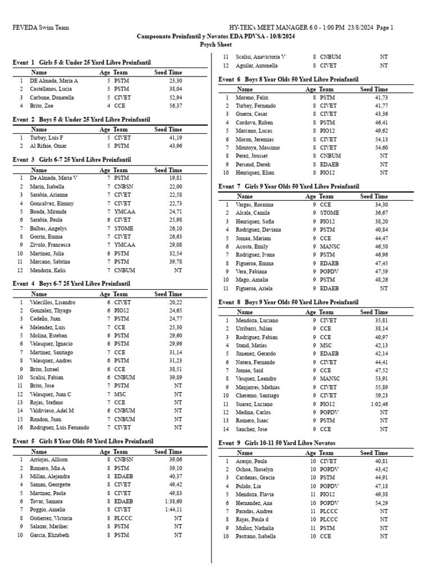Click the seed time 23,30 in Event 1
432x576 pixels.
point(175,81)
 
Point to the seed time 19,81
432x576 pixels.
point(175,178)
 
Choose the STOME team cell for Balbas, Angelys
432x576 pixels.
point(123,228)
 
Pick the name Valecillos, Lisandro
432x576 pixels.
point(52,302)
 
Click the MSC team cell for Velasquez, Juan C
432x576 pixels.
point(119,394)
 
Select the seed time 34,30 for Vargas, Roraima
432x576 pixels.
point(381,205)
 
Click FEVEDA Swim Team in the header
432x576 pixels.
point(38,28)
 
